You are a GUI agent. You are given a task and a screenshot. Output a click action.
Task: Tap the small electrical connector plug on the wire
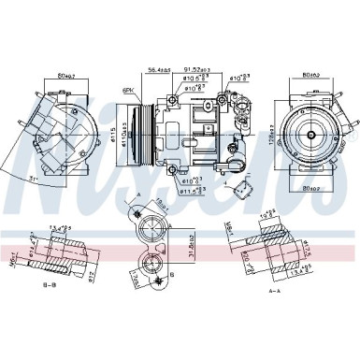[245, 186]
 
